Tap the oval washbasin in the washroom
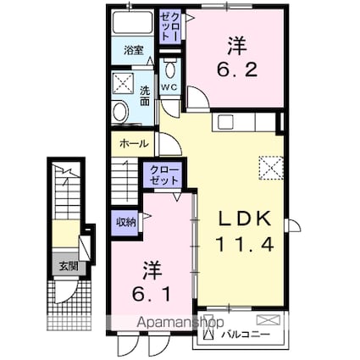[119, 111]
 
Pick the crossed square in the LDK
[270, 168]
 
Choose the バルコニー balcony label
[246, 335]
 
